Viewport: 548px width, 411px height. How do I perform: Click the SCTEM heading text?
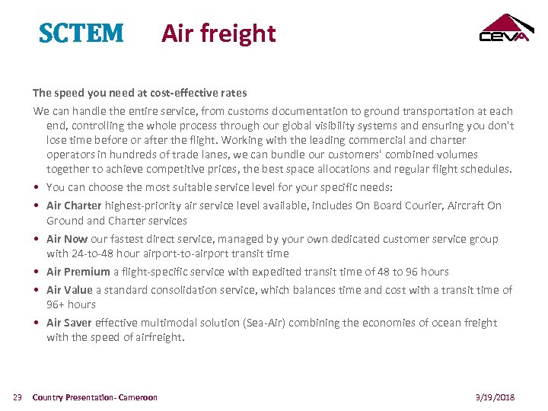point(81,33)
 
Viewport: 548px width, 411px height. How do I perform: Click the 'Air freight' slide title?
point(218,33)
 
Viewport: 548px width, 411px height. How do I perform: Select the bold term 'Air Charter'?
point(73,205)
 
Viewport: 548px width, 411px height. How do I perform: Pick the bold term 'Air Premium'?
point(78,272)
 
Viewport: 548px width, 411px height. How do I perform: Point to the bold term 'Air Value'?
point(69,290)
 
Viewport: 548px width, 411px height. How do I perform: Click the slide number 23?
point(18,397)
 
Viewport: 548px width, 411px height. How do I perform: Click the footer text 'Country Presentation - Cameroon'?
point(95,397)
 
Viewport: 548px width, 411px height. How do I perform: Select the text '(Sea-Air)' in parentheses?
point(263,323)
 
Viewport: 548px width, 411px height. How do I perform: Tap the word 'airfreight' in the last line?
point(159,337)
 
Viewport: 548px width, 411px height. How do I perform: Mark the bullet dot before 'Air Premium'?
point(37,272)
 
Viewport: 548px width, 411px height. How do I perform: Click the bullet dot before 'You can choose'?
point(37,188)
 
